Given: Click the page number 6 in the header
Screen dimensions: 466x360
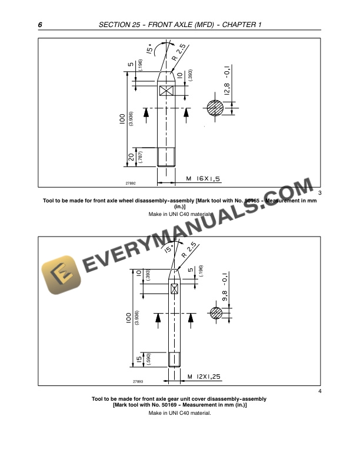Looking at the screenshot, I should pyautogui.click(x=40, y=25).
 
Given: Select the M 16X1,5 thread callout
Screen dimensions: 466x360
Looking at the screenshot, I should pyautogui.click(x=202, y=177).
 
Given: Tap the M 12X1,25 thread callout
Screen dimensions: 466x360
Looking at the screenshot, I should pyautogui.click(x=204, y=375).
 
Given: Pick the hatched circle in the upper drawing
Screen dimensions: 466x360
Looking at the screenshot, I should pyautogui.click(x=215, y=108).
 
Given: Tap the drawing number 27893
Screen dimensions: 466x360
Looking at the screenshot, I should pyautogui.click(x=136, y=381).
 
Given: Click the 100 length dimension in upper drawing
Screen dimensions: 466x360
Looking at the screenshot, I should pyautogui.click(x=122, y=119).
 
